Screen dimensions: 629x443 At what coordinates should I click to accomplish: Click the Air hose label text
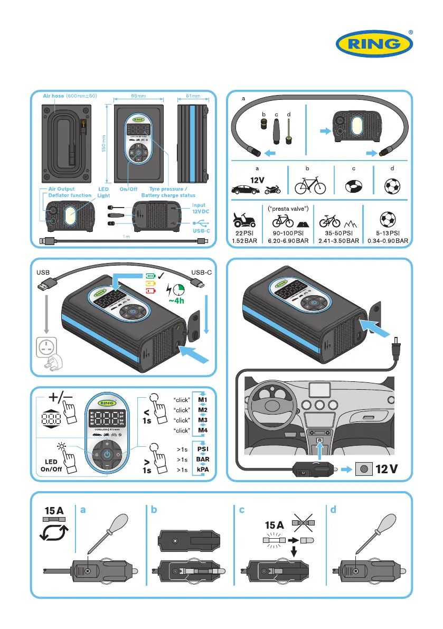[53, 96]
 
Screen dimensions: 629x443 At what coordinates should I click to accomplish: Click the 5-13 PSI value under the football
[388, 232]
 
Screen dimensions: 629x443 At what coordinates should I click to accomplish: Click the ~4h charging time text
[176, 302]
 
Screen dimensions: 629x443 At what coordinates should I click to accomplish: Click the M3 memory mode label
[203, 420]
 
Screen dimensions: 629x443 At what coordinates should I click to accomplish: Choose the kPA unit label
[203, 469]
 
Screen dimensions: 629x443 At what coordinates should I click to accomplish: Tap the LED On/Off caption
[53, 464]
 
